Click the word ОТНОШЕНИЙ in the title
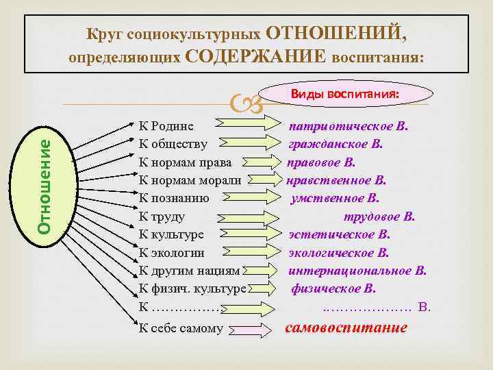[x=340, y=32]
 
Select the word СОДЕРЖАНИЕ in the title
[x=256, y=56]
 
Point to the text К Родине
[x=166, y=126]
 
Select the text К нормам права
[x=186, y=162]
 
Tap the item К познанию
[x=174, y=198]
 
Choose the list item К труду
[x=162, y=217]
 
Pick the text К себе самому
[x=181, y=328]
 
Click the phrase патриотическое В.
[x=349, y=126]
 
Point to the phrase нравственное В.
[x=336, y=181]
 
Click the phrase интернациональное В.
[x=357, y=271]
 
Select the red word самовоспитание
[x=345, y=328]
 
